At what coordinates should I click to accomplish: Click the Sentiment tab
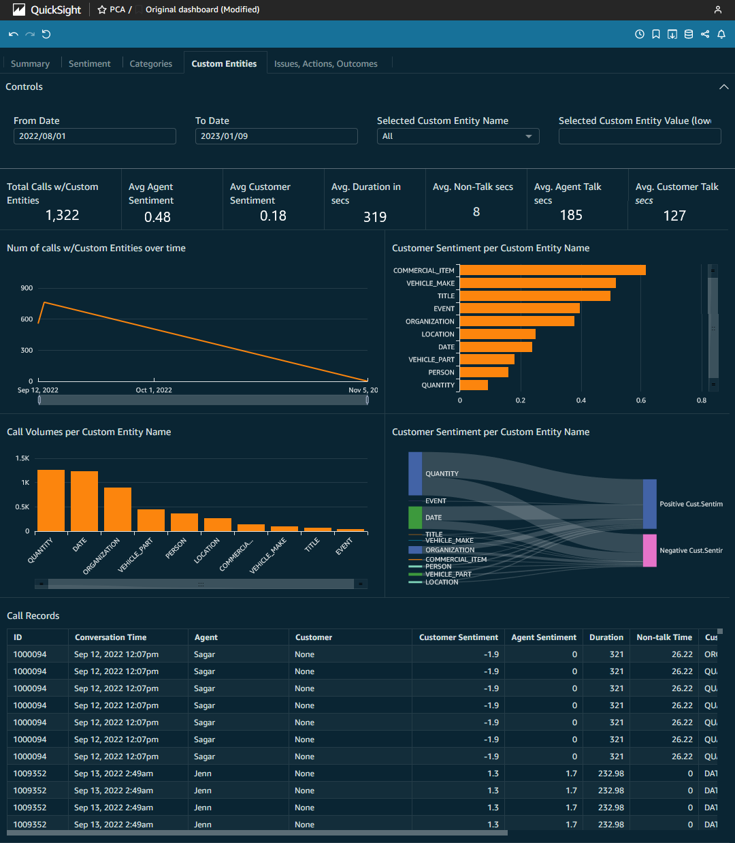(x=89, y=63)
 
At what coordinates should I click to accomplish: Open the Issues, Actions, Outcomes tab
(x=325, y=63)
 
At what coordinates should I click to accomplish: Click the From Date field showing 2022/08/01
(x=95, y=136)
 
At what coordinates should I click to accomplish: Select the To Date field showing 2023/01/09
(x=276, y=136)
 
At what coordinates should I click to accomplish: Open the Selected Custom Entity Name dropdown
(x=458, y=136)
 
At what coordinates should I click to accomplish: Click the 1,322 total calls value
(x=62, y=215)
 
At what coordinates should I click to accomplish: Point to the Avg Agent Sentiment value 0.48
(x=157, y=217)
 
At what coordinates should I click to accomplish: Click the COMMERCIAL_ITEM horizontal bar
(x=553, y=270)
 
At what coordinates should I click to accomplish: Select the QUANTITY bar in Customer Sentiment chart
(x=474, y=385)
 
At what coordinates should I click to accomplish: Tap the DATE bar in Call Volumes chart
(x=84, y=500)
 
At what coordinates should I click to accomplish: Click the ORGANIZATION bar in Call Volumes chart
(x=118, y=509)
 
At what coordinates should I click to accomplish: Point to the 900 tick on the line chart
(x=27, y=288)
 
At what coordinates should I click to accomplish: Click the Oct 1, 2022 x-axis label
(x=154, y=390)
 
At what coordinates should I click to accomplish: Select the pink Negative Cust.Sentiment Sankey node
(x=650, y=550)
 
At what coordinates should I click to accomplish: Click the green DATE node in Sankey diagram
(x=415, y=518)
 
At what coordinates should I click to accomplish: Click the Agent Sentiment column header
(x=543, y=637)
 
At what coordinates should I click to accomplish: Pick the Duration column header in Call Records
(x=606, y=637)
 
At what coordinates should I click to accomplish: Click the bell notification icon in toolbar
(x=721, y=34)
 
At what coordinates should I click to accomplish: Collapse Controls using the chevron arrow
(x=723, y=87)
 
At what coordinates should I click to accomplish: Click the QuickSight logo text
(x=56, y=10)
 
